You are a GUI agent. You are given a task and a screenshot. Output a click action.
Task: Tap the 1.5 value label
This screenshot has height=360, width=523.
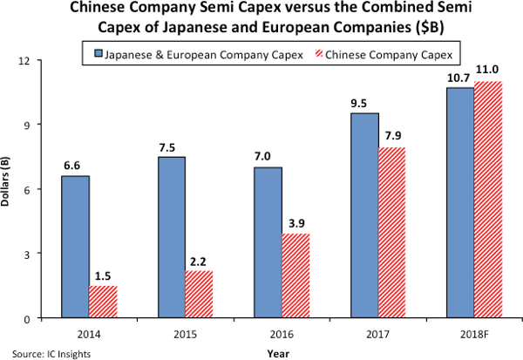point(104,275)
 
